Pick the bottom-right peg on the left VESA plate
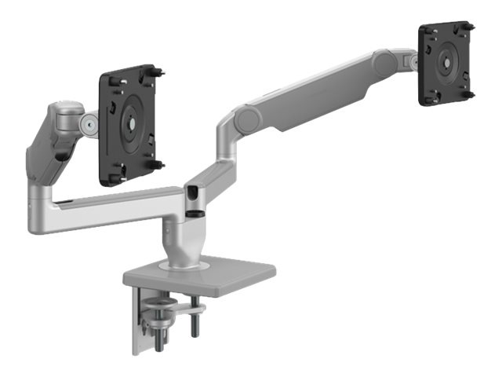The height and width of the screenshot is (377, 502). click(x=158, y=164)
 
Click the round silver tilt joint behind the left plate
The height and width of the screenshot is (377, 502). click(x=91, y=123)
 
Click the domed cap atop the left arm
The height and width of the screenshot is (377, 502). click(x=67, y=107)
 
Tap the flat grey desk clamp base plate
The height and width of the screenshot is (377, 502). click(x=199, y=272)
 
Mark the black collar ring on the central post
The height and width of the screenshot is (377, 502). click(x=194, y=210)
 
